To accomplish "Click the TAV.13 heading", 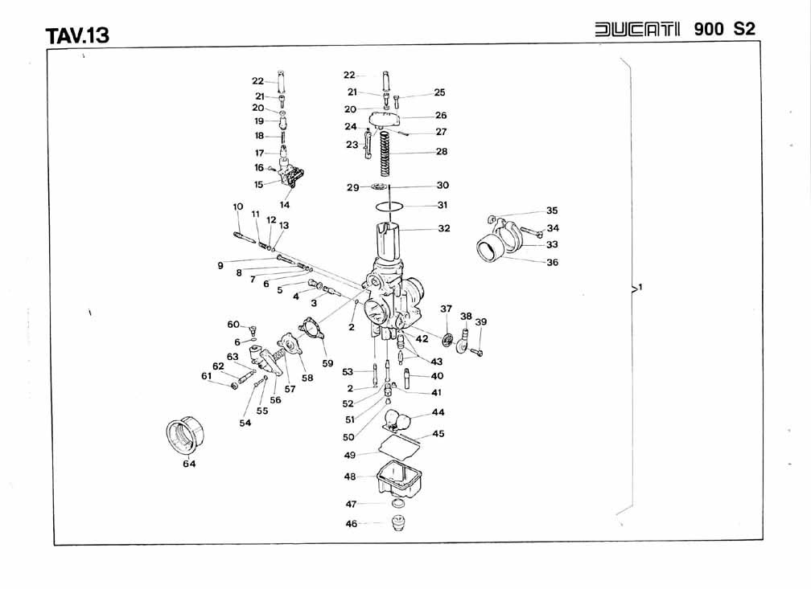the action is coord(77,35).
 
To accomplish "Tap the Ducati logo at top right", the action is coord(637,29).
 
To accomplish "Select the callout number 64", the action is coord(189,464).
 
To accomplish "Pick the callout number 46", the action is coord(351,524).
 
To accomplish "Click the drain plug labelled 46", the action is coord(397,523).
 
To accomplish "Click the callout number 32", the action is coord(444,228).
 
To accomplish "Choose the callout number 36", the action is coord(553,263).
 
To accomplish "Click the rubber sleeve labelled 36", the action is coord(490,248).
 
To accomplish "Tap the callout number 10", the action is coord(238,207).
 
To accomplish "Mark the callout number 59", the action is coord(327,363).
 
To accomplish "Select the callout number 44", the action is coord(438,412).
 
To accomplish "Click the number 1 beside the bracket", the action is coord(640,287).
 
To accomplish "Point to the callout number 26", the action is coord(441,115).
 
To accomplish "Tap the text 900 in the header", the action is coord(709,29).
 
